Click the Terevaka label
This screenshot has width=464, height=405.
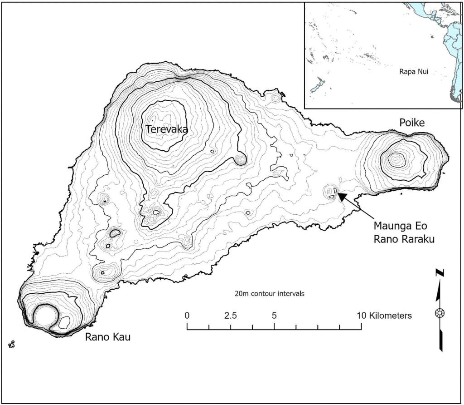pos(166,129)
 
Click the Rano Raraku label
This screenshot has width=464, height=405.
pos(404,239)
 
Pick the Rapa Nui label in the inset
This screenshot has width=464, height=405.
pos(414,72)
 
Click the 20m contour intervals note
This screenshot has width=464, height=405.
pos(269,293)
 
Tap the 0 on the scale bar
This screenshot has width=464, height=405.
pos(187,315)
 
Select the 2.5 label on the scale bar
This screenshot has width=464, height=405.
pos(230,315)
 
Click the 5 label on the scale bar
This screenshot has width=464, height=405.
pos(274,315)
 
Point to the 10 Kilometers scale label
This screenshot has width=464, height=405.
pos(384,315)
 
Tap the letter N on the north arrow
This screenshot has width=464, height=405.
pos(439,273)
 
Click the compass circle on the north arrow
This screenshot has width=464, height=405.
pos(439,312)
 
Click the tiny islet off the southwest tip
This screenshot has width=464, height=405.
pos(11,345)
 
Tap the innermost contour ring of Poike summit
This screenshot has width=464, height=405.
pos(396,159)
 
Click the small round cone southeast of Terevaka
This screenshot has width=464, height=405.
pos(241,159)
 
